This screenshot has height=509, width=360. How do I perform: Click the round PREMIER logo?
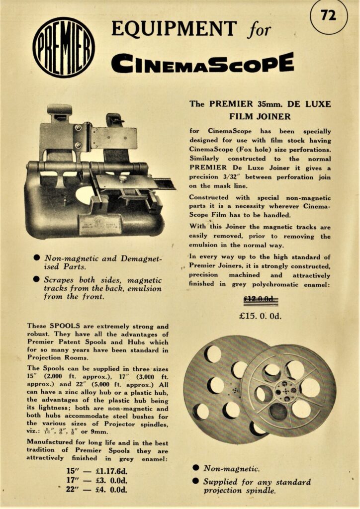(x=64, y=47)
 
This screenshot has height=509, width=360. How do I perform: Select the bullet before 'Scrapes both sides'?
(x=36, y=280)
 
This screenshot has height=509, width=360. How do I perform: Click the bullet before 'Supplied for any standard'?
(x=195, y=482)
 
